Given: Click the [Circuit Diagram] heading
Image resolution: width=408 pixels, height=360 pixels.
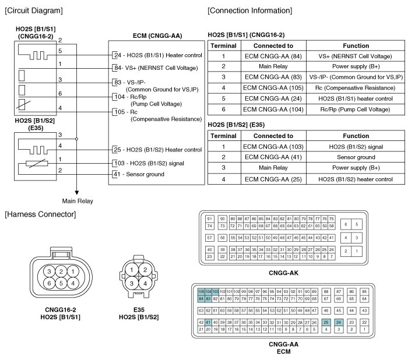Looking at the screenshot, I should pos(34,11).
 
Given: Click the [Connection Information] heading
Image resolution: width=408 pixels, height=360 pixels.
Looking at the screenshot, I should pos(250,11).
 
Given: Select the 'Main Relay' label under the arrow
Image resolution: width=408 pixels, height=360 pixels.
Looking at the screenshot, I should pos(77,201).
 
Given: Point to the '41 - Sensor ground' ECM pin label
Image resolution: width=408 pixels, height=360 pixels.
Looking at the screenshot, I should pos(138,174).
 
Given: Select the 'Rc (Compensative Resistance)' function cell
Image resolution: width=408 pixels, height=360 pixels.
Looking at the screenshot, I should pos(356,87).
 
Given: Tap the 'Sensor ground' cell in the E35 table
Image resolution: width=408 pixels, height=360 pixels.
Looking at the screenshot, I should pos(356,157).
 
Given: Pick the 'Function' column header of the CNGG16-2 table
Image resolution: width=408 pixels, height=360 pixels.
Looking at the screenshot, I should pos(356,45).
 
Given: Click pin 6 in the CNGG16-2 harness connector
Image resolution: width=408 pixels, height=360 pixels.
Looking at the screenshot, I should pos(51,283).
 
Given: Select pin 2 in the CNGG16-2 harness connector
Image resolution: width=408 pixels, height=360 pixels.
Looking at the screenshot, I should pos(61,272).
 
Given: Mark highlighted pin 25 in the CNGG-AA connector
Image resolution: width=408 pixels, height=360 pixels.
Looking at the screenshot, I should pos(326,322).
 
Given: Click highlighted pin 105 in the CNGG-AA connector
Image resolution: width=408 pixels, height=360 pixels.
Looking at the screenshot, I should pos(201,291).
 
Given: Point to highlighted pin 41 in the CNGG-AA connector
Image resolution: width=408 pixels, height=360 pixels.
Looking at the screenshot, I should pos(208,322).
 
